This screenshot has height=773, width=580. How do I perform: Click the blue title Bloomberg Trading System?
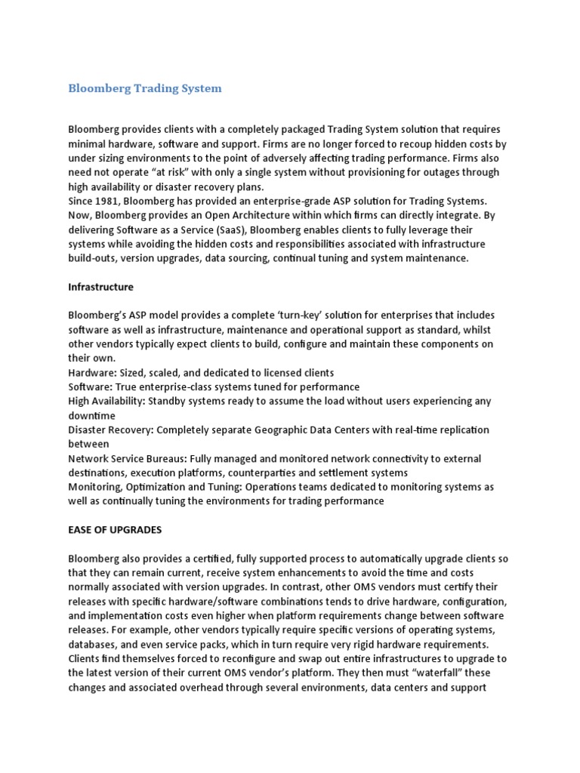[145, 88]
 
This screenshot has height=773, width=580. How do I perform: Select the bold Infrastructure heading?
[100, 287]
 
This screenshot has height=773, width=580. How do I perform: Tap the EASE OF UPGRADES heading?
[115, 530]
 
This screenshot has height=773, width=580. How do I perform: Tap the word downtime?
[92, 416]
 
